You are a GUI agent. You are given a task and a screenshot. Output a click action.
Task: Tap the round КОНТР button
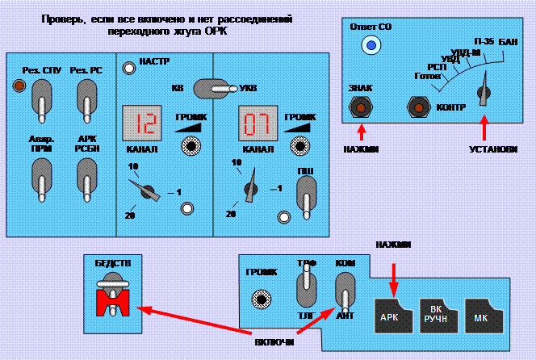418,106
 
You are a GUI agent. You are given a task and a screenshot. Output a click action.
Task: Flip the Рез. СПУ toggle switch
39,101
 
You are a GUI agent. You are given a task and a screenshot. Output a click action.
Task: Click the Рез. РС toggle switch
84,101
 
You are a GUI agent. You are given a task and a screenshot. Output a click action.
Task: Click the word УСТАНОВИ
491,149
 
